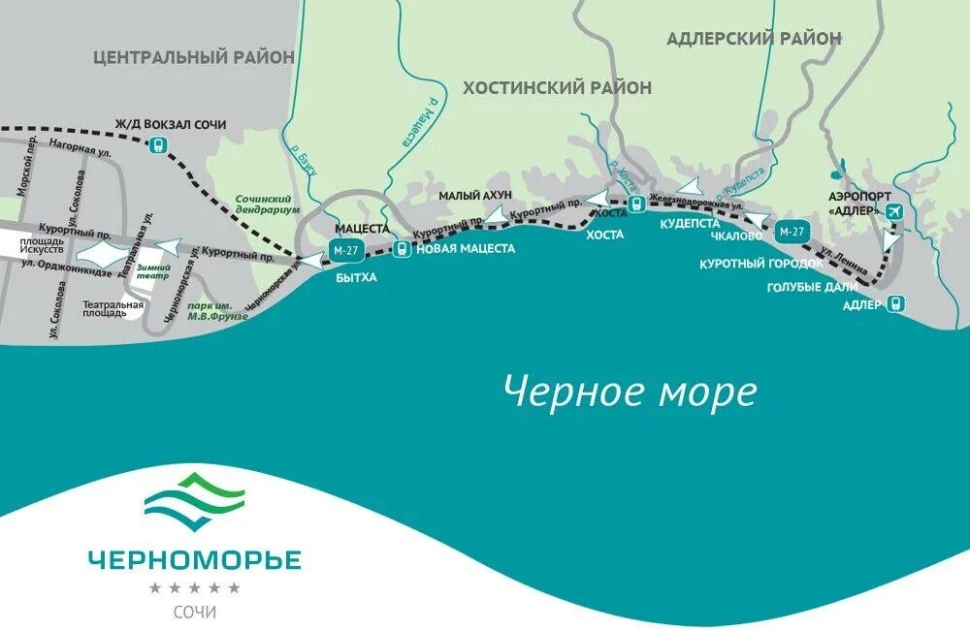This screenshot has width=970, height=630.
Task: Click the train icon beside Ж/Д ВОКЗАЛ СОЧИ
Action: pyautogui.click(x=156, y=145)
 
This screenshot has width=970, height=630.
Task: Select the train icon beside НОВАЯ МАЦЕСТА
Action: pyautogui.click(x=402, y=249)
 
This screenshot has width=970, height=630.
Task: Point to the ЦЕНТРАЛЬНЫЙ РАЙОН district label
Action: pyautogui.click(x=194, y=57)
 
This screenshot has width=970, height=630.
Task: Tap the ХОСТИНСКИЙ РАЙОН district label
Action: pyautogui.click(x=557, y=88)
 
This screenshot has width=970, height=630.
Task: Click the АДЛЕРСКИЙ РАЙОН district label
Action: pyautogui.click(x=754, y=39)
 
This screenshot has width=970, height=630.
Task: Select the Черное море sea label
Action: pyautogui.click(x=630, y=392)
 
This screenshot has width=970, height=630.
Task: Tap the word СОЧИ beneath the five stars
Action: pyautogui.click(x=195, y=612)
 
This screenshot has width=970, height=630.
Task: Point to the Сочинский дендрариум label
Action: pyautogui.click(x=268, y=204)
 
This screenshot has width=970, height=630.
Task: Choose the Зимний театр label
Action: pyautogui.click(x=152, y=270)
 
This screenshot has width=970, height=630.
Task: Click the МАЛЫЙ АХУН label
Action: pyautogui.click(x=474, y=196)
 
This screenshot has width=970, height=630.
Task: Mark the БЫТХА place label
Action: pyautogui.click(x=356, y=276)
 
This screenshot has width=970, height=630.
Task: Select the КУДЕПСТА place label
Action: pyautogui.click(x=689, y=223)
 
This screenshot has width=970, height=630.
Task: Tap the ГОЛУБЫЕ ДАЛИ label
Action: pyautogui.click(x=812, y=287)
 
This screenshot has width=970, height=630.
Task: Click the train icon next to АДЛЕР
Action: pyautogui.click(x=895, y=303)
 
